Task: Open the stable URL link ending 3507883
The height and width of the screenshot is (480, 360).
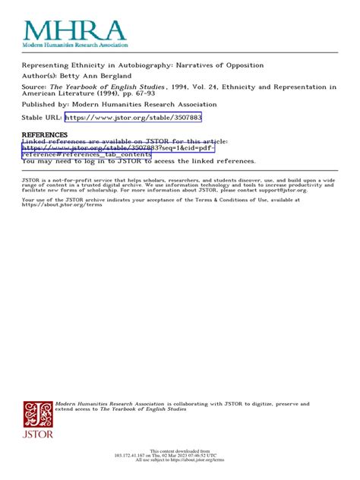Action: tap(133, 118)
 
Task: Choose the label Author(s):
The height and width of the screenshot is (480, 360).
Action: tap(42, 76)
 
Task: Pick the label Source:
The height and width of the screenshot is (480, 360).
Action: tap(38, 87)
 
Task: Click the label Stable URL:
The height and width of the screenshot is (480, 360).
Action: tap(42, 118)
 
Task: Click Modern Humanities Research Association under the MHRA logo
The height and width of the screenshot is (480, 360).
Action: tap(74, 47)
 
